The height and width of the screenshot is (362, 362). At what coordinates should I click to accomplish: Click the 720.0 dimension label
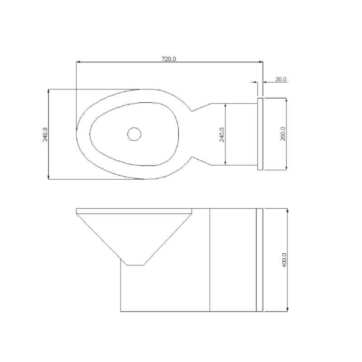(168, 59)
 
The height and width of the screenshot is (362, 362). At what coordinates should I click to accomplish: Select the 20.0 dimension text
(281, 79)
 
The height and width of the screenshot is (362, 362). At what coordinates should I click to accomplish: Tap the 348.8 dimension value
(45, 134)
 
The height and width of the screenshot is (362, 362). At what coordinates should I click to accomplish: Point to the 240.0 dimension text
(222, 134)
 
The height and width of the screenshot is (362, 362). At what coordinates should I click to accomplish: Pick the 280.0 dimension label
(283, 134)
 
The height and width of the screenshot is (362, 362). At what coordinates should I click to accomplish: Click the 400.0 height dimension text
(284, 260)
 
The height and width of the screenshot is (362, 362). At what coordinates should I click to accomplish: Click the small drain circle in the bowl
(134, 134)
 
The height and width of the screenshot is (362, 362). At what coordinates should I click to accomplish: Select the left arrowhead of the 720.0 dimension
(78, 62)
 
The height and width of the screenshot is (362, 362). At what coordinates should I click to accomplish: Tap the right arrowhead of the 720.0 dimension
(261, 62)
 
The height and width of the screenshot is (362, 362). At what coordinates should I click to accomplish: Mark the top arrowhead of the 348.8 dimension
(48, 91)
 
